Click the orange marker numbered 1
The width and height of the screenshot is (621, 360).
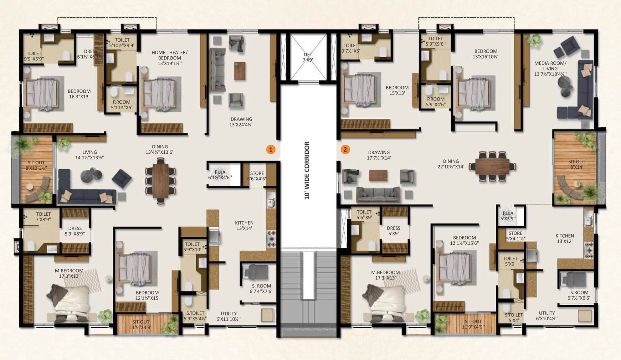[x=271, y=150]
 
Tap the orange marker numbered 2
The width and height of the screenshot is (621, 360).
[x=345, y=150]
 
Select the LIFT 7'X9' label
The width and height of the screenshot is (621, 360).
[x=308, y=57]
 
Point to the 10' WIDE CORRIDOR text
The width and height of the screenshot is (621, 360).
[x=307, y=171]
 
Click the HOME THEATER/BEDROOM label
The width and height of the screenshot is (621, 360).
[x=170, y=58]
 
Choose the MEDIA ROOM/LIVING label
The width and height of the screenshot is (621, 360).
[x=550, y=69]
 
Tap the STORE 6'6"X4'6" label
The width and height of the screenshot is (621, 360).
[x=257, y=176]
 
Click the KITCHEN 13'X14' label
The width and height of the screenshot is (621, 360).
[x=244, y=226]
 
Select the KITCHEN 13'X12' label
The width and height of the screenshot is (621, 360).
[x=565, y=239]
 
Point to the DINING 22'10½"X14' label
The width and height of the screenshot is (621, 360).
[x=451, y=164]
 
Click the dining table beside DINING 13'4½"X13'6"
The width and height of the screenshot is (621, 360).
[x=161, y=181]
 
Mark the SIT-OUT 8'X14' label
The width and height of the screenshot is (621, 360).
[x=577, y=164]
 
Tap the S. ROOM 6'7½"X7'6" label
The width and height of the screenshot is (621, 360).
[x=261, y=289]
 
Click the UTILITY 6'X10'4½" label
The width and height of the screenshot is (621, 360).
[x=547, y=316]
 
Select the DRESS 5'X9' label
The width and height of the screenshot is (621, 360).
[x=393, y=231]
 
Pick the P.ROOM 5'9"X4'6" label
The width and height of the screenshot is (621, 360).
[x=436, y=102]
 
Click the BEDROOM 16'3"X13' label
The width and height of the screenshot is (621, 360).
[x=79, y=94]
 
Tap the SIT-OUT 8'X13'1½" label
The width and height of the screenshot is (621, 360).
[x=36, y=165]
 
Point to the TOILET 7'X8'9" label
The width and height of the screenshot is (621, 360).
[x=43, y=217]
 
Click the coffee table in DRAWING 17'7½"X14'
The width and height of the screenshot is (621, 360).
[x=378, y=175]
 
